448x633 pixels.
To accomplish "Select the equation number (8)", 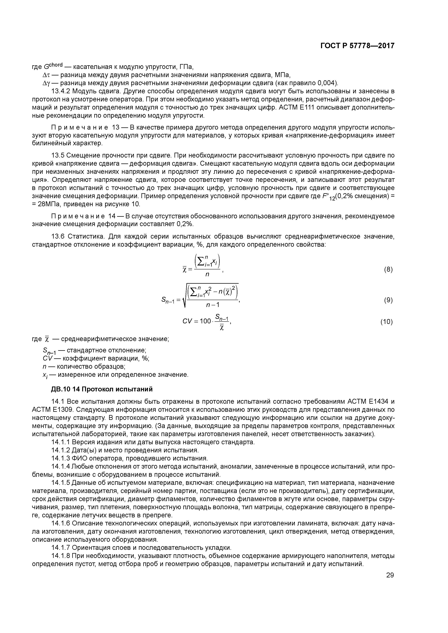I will coord(388,270).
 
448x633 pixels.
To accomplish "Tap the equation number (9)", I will coord(388,300).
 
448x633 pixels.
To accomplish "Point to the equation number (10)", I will coord(386,322).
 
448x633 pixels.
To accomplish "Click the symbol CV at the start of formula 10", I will coord(188,321).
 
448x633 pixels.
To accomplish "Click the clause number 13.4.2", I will coord(61,91).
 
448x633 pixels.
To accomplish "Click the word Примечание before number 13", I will coord(80,127).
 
